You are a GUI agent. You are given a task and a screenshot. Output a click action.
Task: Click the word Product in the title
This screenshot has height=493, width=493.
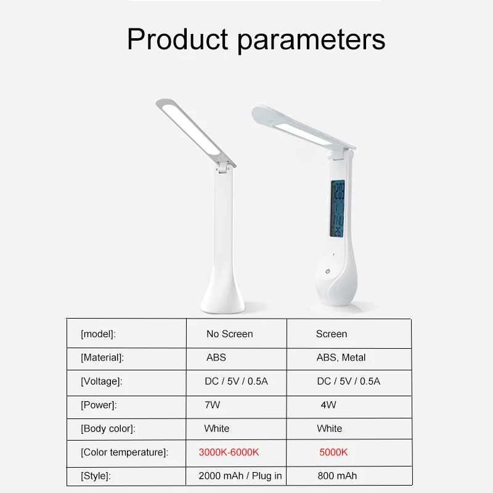point(177,39)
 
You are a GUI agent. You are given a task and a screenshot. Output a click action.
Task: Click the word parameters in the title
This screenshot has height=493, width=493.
point(311,41)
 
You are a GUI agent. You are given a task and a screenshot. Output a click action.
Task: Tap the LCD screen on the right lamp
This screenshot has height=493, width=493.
point(338,209)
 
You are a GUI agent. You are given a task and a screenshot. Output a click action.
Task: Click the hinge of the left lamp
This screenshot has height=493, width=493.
point(224,168)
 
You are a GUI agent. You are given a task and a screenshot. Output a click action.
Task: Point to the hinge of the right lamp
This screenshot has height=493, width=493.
point(341,155)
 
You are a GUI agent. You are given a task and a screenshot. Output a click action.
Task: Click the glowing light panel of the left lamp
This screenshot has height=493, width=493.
point(191,129)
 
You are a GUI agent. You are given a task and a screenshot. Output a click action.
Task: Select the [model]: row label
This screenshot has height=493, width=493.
point(98,334)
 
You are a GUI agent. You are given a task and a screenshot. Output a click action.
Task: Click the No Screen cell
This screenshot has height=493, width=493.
point(229,334)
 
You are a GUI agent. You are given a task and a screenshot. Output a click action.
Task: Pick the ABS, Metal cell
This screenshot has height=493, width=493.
point(341,357)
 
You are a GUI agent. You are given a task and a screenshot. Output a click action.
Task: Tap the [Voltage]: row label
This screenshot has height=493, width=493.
point(101,381)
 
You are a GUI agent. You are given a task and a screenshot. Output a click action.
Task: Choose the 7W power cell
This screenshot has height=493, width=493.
point(212,405)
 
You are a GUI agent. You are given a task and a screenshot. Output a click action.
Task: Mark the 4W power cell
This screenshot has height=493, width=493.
point(328,405)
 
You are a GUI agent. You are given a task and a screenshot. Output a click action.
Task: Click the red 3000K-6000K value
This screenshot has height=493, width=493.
point(229,452)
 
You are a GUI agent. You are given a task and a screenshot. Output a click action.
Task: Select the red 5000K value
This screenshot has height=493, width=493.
point(333,452)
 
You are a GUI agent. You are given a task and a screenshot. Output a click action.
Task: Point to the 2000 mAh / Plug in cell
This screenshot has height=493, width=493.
point(240,476)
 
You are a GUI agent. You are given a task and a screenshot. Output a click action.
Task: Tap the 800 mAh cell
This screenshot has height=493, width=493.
point(337,476)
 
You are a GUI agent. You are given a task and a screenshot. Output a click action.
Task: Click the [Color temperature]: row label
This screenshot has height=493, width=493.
point(124,452)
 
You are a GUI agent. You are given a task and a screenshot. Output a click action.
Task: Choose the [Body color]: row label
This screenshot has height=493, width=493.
point(108,429)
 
